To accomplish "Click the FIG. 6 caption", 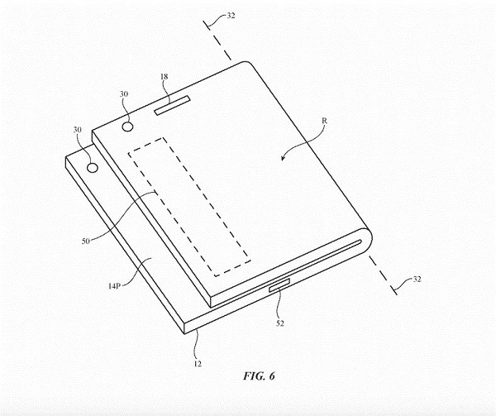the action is tap(259, 375).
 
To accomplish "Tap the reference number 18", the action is tap(165, 77).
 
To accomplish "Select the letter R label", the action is tap(324, 121).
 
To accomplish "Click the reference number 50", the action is tap(86, 241).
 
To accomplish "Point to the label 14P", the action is tap(114, 286).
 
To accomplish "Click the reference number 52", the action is tap(280, 323).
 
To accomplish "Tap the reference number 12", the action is tap(198, 364).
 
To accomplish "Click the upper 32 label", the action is tap(231, 16).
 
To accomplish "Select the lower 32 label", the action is tap(417, 279).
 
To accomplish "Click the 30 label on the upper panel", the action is tap(124, 94).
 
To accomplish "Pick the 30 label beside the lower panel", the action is tap(78, 130).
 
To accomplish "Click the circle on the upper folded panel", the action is tap(128, 127).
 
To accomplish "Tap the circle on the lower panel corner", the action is tap(93, 167).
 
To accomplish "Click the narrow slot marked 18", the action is tap(172, 105).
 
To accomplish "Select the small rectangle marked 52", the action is tap(279, 285).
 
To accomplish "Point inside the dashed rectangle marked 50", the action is tap(189, 207).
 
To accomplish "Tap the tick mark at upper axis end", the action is tap(207, 26).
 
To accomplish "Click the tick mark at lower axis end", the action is tap(394, 289).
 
